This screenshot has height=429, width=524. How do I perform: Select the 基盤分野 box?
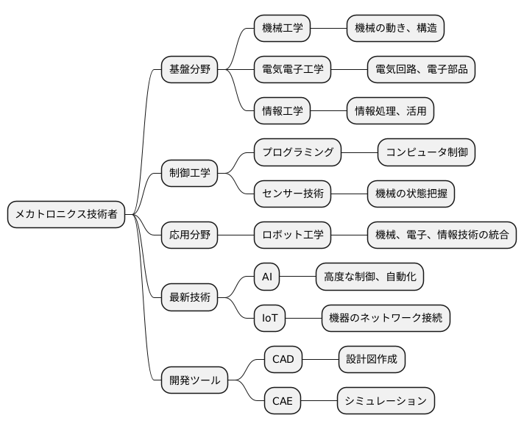190,70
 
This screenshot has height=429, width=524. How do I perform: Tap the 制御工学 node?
190,174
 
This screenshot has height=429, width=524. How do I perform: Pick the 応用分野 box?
190,235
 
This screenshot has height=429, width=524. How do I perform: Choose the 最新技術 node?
190,298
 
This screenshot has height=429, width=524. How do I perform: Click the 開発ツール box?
195,380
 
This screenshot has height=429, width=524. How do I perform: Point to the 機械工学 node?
282,29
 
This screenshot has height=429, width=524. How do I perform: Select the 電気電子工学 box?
292,70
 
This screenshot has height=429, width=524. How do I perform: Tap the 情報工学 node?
282,111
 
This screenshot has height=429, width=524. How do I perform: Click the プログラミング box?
298,153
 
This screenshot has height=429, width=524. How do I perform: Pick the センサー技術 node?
292,194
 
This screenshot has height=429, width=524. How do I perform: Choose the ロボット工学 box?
292,235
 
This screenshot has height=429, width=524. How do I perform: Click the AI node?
267,277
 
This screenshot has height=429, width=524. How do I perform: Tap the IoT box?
269,319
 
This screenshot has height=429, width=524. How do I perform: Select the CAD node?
283,360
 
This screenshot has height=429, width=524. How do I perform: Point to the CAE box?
283,401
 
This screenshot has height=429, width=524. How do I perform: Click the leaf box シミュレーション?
386,401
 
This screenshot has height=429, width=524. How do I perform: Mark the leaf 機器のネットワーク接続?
386,319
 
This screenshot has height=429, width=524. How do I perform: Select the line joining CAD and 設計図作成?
320,360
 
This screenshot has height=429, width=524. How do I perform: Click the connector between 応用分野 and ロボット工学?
236,235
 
